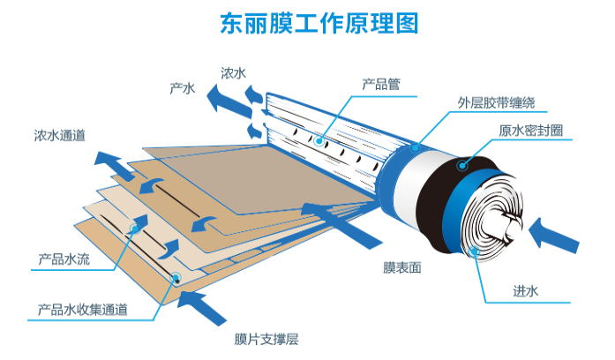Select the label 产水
pyautogui.click(x=182, y=88)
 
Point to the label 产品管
pyautogui.click(x=381, y=84)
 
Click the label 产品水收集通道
pyautogui.click(x=83, y=310)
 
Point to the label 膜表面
pyautogui.click(x=389, y=266)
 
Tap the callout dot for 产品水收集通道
pyautogui.click(x=176, y=277)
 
